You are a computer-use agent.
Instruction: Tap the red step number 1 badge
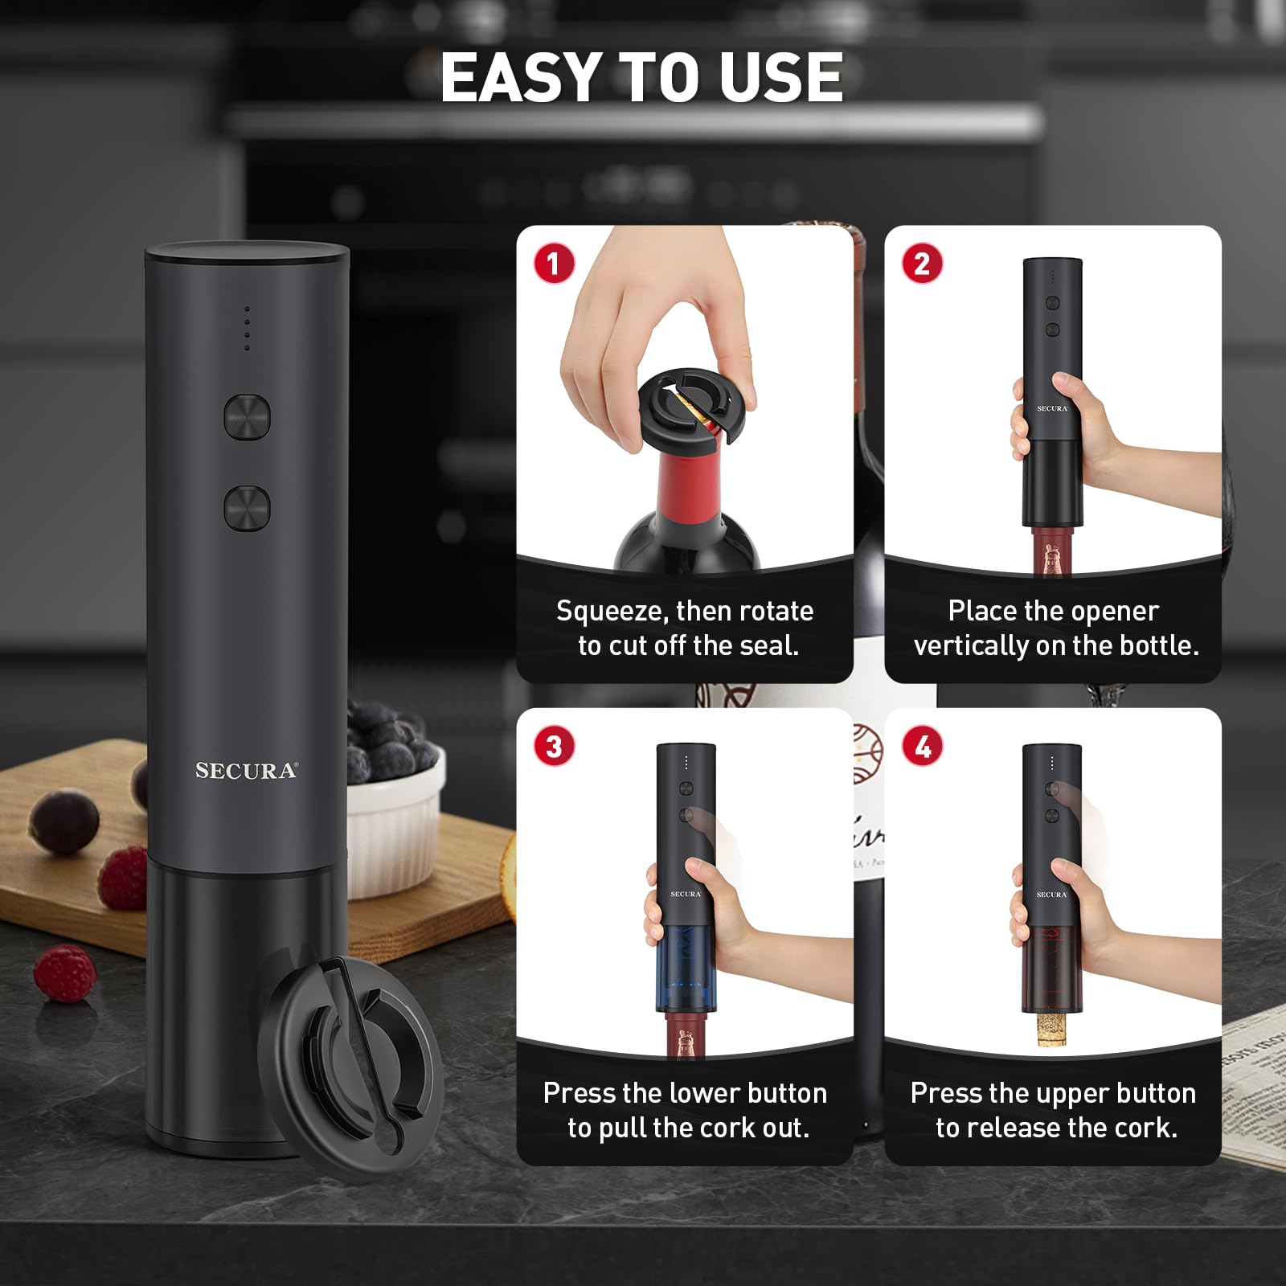pyautogui.click(x=554, y=263)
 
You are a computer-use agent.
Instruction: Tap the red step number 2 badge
pyautogui.click(x=922, y=263)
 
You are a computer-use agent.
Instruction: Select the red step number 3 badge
pyautogui.click(x=554, y=746)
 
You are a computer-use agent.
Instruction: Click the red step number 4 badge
pyautogui.click(x=922, y=746)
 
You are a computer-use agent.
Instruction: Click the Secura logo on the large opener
pyautogui.click(x=246, y=771)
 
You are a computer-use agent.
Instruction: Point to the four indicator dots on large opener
pyautogui.click(x=247, y=328)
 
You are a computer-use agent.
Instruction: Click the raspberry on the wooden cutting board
pyautogui.click(x=122, y=874)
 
